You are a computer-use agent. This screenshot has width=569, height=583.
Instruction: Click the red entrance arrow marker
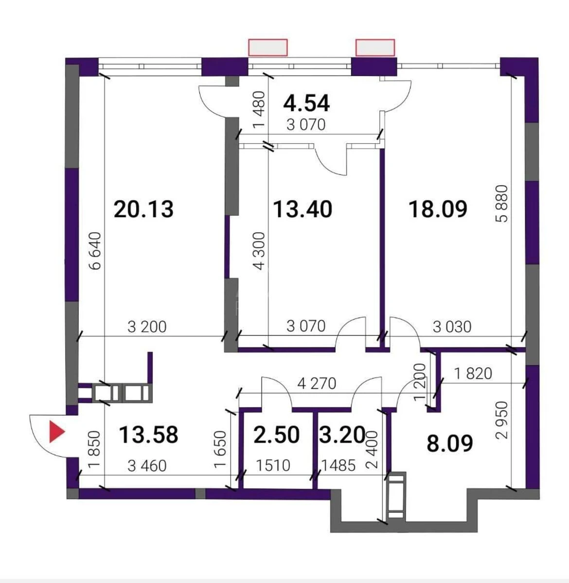(x=57, y=432)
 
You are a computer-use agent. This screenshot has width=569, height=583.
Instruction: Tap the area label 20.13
(x=143, y=209)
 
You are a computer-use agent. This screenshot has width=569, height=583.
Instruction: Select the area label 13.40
(x=302, y=209)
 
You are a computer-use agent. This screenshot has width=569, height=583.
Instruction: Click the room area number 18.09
(x=438, y=209)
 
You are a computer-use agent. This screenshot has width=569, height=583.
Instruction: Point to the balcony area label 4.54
(x=307, y=103)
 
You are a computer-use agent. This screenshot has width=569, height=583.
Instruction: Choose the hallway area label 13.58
(x=148, y=434)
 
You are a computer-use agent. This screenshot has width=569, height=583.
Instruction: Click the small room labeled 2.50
(x=277, y=434)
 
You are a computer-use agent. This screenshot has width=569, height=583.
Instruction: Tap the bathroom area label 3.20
(x=342, y=434)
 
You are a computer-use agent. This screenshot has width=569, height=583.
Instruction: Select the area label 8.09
(x=449, y=444)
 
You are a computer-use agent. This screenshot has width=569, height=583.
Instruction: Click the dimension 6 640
(x=96, y=251)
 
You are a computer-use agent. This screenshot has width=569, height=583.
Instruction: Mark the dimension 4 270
(x=317, y=384)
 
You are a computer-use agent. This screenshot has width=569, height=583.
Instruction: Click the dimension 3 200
(x=147, y=326)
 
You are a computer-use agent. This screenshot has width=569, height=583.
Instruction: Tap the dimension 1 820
(x=473, y=373)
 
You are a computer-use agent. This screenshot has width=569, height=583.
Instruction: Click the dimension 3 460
(x=147, y=466)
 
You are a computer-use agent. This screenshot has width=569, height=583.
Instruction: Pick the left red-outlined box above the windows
(x=268, y=48)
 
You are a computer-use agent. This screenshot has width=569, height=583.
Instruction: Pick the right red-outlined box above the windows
(x=375, y=48)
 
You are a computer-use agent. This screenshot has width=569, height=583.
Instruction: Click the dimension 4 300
(x=260, y=251)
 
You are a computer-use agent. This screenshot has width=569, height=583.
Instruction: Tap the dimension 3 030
(x=452, y=326)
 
